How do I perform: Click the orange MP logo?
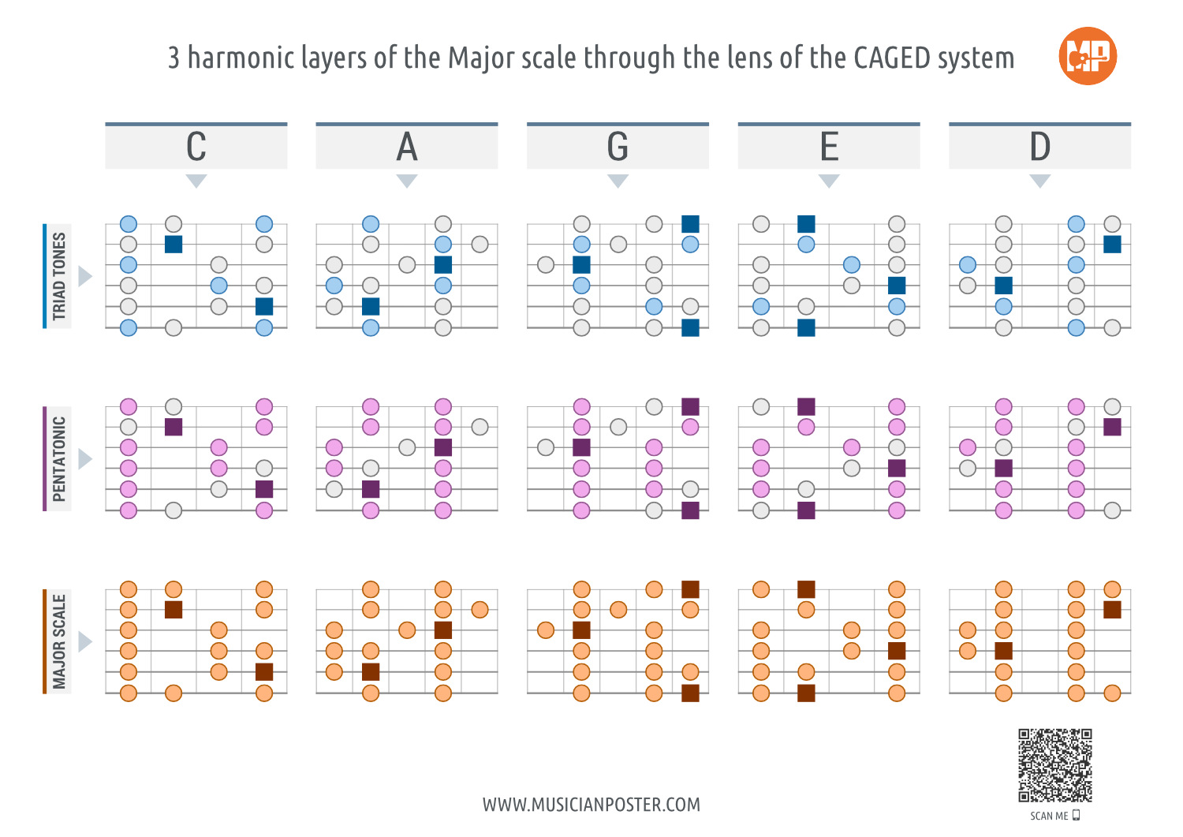coord(1088,56)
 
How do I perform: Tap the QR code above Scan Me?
coord(1054,765)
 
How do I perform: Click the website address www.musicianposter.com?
coord(591,805)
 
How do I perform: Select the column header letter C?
coord(196,147)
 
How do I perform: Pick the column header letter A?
coord(407,147)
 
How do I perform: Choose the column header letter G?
coord(618,147)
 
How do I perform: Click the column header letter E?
coord(829,147)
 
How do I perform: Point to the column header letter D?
coord(1039,147)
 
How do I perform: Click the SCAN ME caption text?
coord(1049,816)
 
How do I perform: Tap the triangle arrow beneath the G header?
coord(618,181)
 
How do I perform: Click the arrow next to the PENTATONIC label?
coord(85,459)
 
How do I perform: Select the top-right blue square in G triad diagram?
coord(690,224)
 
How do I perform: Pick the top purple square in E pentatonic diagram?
coord(806,406)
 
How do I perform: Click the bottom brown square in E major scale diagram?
coord(806,693)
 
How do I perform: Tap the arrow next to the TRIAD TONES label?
coord(85,276)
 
